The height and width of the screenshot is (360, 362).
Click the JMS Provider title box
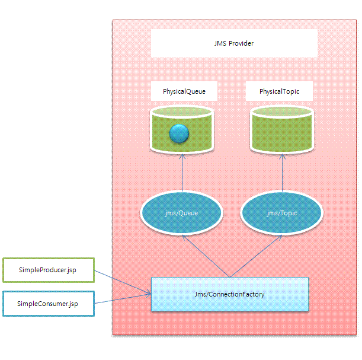pyautogui.click(x=234, y=43)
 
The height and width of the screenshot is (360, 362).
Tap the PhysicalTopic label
pyautogui.click(x=278, y=92)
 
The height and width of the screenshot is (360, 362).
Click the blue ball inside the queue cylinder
pyautogui.click(x=178, y=134)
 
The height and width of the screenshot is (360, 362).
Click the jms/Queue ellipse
pyautogui.click(x=181, y=214)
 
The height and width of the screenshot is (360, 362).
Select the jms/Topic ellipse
pyautogui.click(x=281, y=214)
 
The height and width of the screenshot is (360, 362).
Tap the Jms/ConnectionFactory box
pyautogui.click(x=230, y=294)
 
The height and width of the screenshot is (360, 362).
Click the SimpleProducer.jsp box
pyautogui.click(x=48, y=269)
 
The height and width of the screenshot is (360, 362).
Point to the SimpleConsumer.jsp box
pyautogui.click(x=48, y=304)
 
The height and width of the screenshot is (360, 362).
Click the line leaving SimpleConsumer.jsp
pyautogui.click(x=121, y=299)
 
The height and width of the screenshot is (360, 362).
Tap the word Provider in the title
pyautogui.click(x=241, y=43)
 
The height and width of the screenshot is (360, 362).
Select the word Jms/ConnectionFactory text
pyautogui.click(x=230, y=294)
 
